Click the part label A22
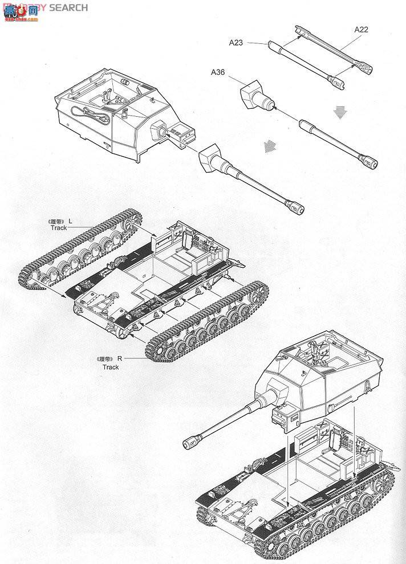tap(361, 29)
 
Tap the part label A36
tap(218, 72)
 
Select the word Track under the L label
tap(58, 227)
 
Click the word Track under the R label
tap(111, 367)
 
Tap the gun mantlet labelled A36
tap(251, 95)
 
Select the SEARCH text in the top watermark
tap(68, 7)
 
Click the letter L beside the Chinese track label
tap(70, 220)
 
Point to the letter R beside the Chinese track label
tap(120, 359)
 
